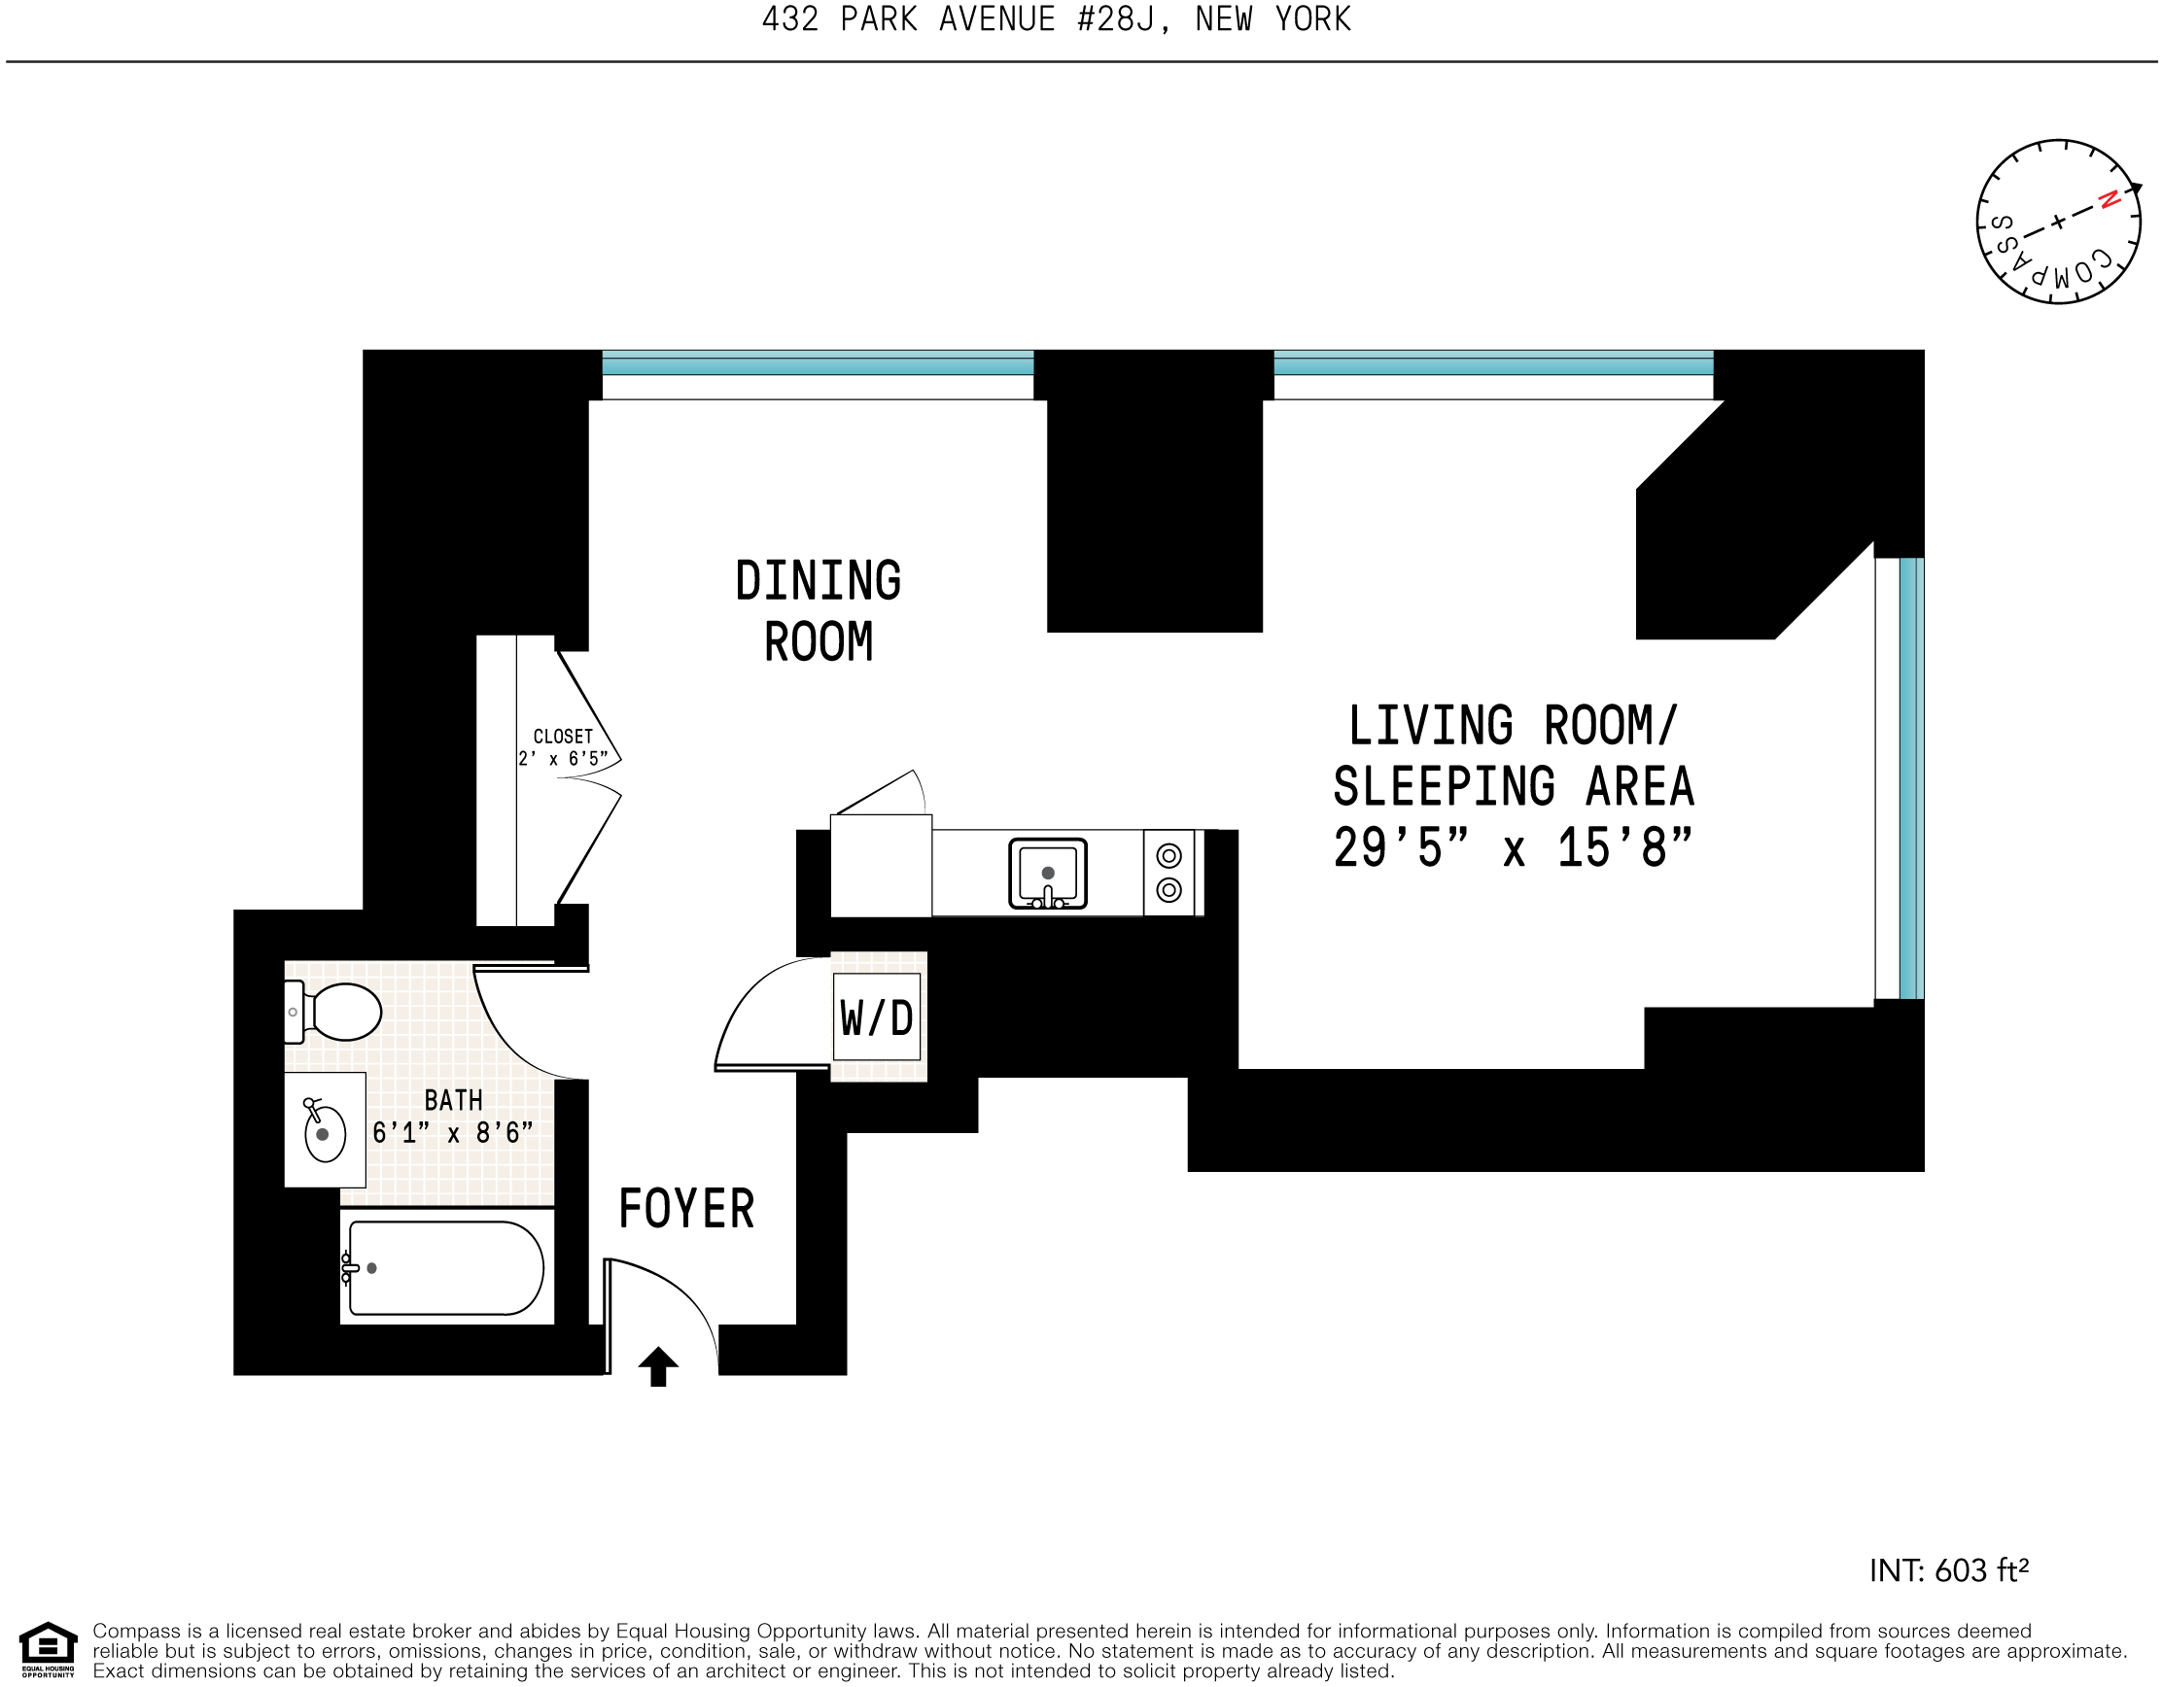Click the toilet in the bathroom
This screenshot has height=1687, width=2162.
336,1012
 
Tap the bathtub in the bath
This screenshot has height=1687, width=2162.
445,1267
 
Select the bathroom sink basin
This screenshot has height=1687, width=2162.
325,1134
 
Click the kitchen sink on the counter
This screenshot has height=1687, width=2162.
1047,873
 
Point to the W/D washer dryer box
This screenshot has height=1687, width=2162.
876,1017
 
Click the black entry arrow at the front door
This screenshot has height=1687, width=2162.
658,1366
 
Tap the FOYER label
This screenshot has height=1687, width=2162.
686,1209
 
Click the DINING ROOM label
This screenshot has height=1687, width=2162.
818,610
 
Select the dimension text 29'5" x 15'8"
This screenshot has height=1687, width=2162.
1513,848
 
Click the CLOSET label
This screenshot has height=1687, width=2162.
562,737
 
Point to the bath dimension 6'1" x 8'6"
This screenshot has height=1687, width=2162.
452,1133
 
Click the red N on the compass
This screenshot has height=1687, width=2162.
2110,199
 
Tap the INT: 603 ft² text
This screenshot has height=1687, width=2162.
1948,1570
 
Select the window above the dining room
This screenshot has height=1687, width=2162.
818,364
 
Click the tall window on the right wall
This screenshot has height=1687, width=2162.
1911,777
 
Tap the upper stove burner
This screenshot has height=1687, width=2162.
1168,855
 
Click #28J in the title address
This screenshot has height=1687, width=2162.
1116,18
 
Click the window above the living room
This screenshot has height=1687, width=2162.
1493,364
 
